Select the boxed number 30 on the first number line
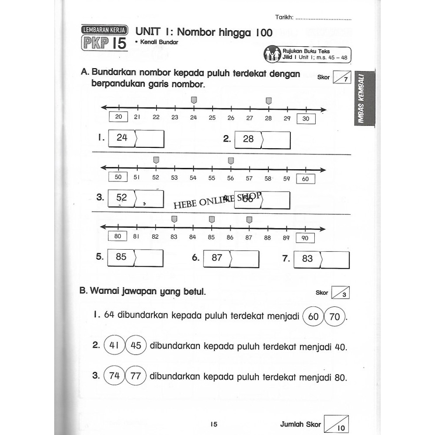[x=306, y=118]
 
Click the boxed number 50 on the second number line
[x=118, y=177]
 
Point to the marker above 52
[x=156, y=161]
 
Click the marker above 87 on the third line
[x=249, y=219]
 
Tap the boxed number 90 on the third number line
[x=305, y=238]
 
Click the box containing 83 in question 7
[x=308, y=259]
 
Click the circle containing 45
[x=136, y=346]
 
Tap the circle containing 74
[x=115, y=376]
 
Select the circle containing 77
[x=136, y=376]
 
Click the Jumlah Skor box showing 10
[x=337, y=424]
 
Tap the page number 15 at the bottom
[x=214, y=424]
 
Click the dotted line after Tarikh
[x=323, y=19]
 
